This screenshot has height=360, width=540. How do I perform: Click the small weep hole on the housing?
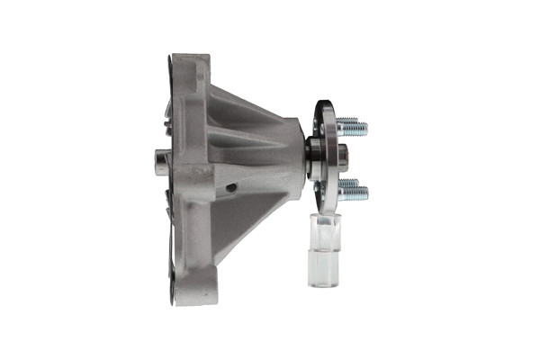point(232,187)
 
